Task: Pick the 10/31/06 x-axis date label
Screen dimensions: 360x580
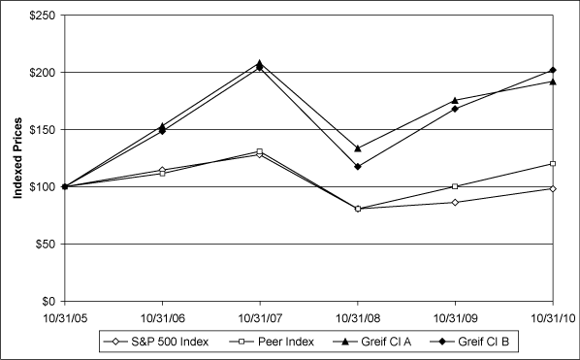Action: click(x=161, y=317)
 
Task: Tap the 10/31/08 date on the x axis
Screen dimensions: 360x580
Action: click(x=357, y=317)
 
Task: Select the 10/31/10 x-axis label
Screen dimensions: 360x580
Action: click(x=552, y=317)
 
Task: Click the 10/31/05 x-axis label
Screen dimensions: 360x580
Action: click(x=63, y=317)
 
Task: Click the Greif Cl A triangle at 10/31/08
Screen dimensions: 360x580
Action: click(x=357, y=148)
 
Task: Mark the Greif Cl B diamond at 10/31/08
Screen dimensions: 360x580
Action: click(x=357, y=166)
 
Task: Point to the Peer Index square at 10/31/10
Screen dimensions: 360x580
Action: click(x=552, y=163)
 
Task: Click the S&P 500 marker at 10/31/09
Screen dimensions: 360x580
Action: click(x=454, y=202)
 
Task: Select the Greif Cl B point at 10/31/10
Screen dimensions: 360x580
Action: click(x=552, y=70)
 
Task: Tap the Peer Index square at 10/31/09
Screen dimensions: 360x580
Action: click(x=454, y=186)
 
